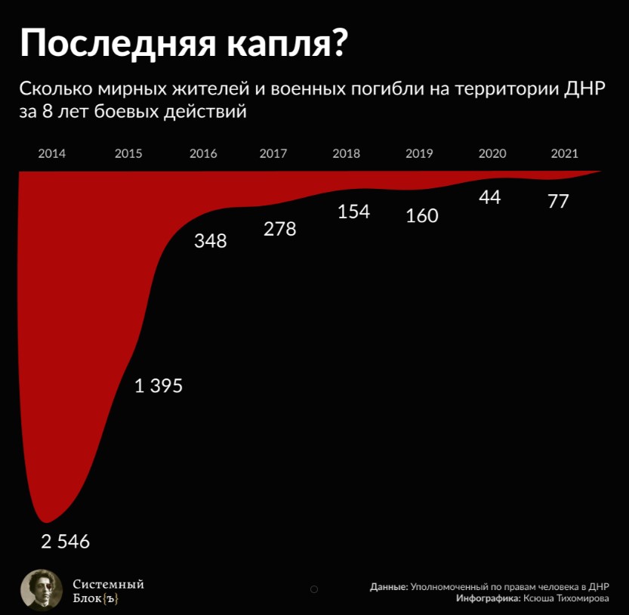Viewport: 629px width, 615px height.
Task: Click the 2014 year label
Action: click(x=51, y=153)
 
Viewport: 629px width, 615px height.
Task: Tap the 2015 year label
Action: click(x=128, y=153)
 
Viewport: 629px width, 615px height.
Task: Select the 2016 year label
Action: click(x=203, y=153)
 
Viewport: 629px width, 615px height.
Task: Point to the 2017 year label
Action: click(x=273, y=153)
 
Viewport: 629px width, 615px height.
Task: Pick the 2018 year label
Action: click(x=346, y=153)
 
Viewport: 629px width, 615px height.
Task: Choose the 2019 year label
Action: click(x=419, y=153)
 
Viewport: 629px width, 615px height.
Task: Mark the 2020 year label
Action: click(x=492, y=153)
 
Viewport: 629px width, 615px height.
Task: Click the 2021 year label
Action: click(x=564, y=153)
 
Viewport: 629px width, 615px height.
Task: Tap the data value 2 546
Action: click(x=65, y=542)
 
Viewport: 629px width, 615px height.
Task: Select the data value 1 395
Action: click(x=159, y=386)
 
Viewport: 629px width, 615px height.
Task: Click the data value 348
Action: click(x=210, y=242)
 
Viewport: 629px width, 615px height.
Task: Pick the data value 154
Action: click(x=353, y=212)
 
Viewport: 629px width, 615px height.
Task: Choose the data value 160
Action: click(x=421, y=216)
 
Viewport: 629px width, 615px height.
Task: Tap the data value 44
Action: click(x=489, y=198)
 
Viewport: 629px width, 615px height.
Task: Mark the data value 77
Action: click(x=558, y=202)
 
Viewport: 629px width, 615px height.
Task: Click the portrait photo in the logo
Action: click(x=41, y=589)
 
